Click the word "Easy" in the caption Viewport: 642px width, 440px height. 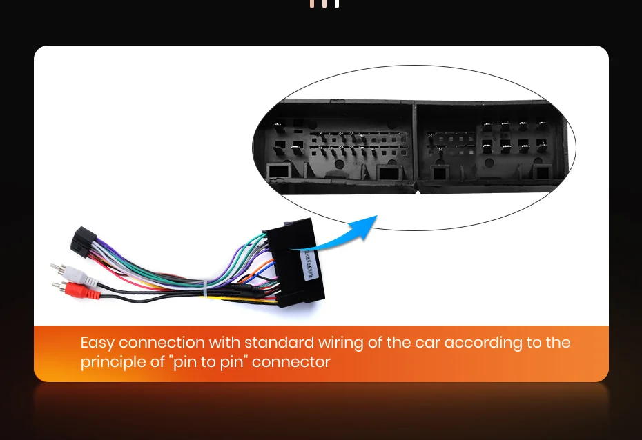coord(97,343)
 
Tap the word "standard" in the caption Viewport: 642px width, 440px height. coord(279,343)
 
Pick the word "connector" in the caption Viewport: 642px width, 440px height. coord(291,361)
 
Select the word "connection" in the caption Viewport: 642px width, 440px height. coord(162,343)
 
